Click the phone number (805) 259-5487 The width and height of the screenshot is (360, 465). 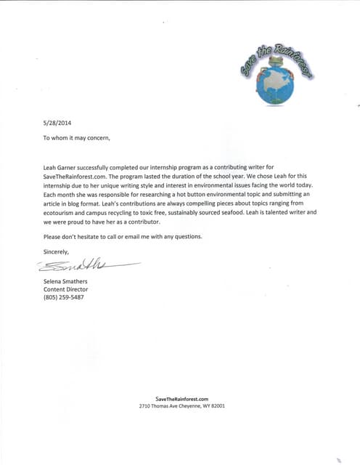pos(64,297)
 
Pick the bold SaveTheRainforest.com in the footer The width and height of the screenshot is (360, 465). pos(182,399)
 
